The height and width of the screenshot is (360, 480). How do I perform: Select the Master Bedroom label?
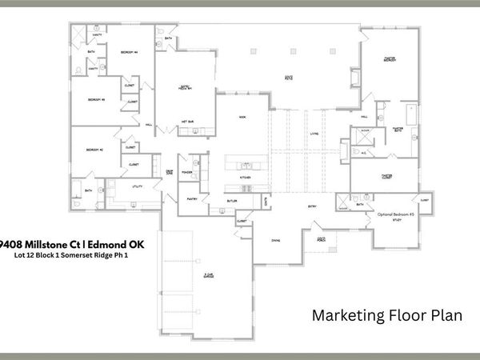(391, 59)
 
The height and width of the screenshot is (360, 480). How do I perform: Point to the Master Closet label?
(386, 176)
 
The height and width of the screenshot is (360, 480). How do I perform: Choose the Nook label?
(242, 117)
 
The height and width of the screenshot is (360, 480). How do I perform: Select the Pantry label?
(192, 198)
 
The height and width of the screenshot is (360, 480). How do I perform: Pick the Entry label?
(312, 206)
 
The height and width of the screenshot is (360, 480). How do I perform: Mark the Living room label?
(314, 134)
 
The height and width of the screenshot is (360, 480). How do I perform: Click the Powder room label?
(186, 171)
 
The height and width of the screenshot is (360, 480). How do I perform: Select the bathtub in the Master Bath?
(412, 115)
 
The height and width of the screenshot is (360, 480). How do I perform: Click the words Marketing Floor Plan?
(386, 316)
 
